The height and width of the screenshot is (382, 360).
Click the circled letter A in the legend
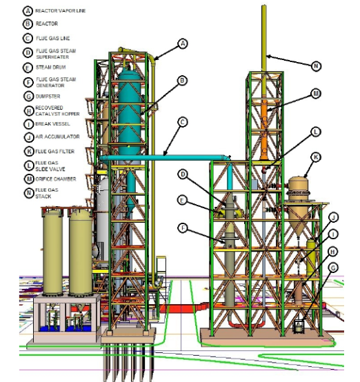tap(28, 11)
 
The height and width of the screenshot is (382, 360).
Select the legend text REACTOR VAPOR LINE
tap(61, 11)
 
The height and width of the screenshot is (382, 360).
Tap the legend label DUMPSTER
tap(48, 97)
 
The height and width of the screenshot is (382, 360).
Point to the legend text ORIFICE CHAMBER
tap(56, 179)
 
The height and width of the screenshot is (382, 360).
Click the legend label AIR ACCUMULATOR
tap(57, 137)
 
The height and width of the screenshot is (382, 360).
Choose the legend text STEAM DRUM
tap(51, 68)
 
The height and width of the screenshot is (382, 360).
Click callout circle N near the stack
tap(316, 66)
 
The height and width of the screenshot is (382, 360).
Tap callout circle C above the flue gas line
tap(183, 122)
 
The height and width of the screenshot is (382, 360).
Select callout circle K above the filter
tap(316, 157)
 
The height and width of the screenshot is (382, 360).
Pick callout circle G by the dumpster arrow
tap(333, 268)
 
